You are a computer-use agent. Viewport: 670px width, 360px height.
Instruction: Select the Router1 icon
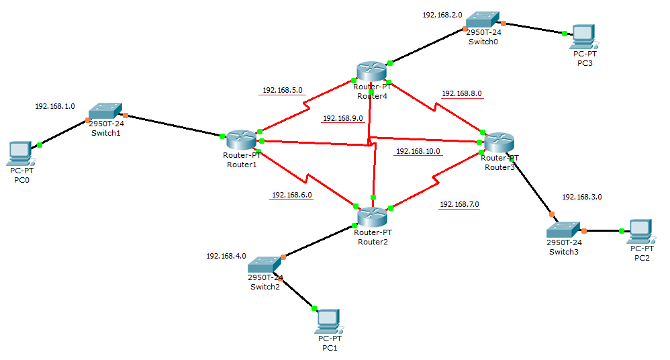(240, 140)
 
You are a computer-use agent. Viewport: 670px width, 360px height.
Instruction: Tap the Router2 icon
(371, 217)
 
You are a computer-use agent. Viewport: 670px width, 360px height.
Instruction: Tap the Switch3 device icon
(563, 229)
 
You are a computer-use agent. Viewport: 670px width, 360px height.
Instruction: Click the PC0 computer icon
(20, 154)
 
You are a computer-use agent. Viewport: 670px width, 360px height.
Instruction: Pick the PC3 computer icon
(581, 36)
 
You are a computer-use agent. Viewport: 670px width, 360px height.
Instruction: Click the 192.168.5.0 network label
(283, 89)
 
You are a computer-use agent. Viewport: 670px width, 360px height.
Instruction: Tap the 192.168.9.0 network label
(343, 118)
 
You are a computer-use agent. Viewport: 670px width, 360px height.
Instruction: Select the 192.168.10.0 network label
(418, 151)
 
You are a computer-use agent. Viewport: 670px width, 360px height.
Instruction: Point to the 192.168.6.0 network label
(291, 195)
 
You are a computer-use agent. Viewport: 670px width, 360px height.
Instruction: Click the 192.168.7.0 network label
(460, 204)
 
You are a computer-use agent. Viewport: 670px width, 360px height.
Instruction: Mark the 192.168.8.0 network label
(462, 94)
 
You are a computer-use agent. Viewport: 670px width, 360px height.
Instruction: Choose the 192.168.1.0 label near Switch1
(55, 106)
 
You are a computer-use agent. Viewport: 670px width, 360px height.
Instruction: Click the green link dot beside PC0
(40, 144)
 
